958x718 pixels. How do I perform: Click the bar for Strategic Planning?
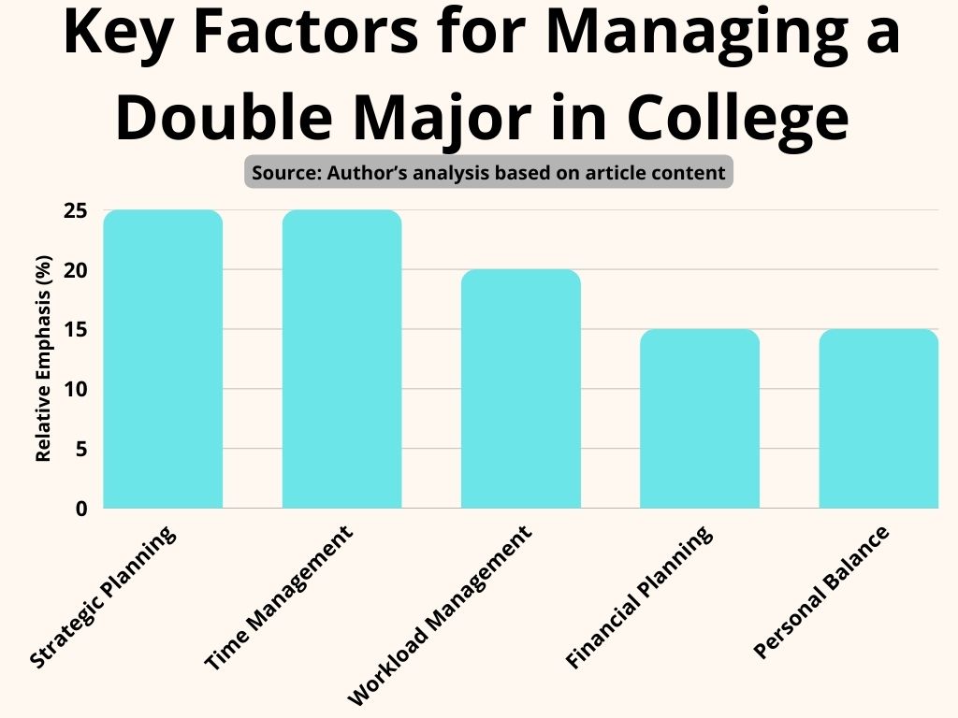(x=163, y=360)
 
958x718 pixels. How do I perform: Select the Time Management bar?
(x=341, y=360)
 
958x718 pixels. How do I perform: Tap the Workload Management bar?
(x=520, y=389)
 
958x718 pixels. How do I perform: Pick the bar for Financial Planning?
(x=699, y=419)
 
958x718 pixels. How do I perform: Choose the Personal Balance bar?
(x=878, y=419)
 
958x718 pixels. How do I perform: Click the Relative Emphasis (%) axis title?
(x=42, y=360)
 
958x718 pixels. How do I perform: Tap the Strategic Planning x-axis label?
(x=103, y=598)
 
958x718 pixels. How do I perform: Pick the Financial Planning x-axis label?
(x=639, y=598)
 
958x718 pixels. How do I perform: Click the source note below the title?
(x=488, y=173)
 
